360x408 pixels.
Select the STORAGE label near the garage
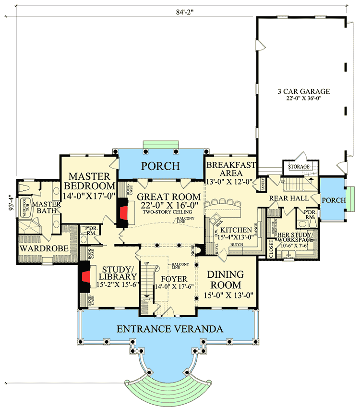click(299, 167)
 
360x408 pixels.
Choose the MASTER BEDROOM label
click(89, 181)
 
